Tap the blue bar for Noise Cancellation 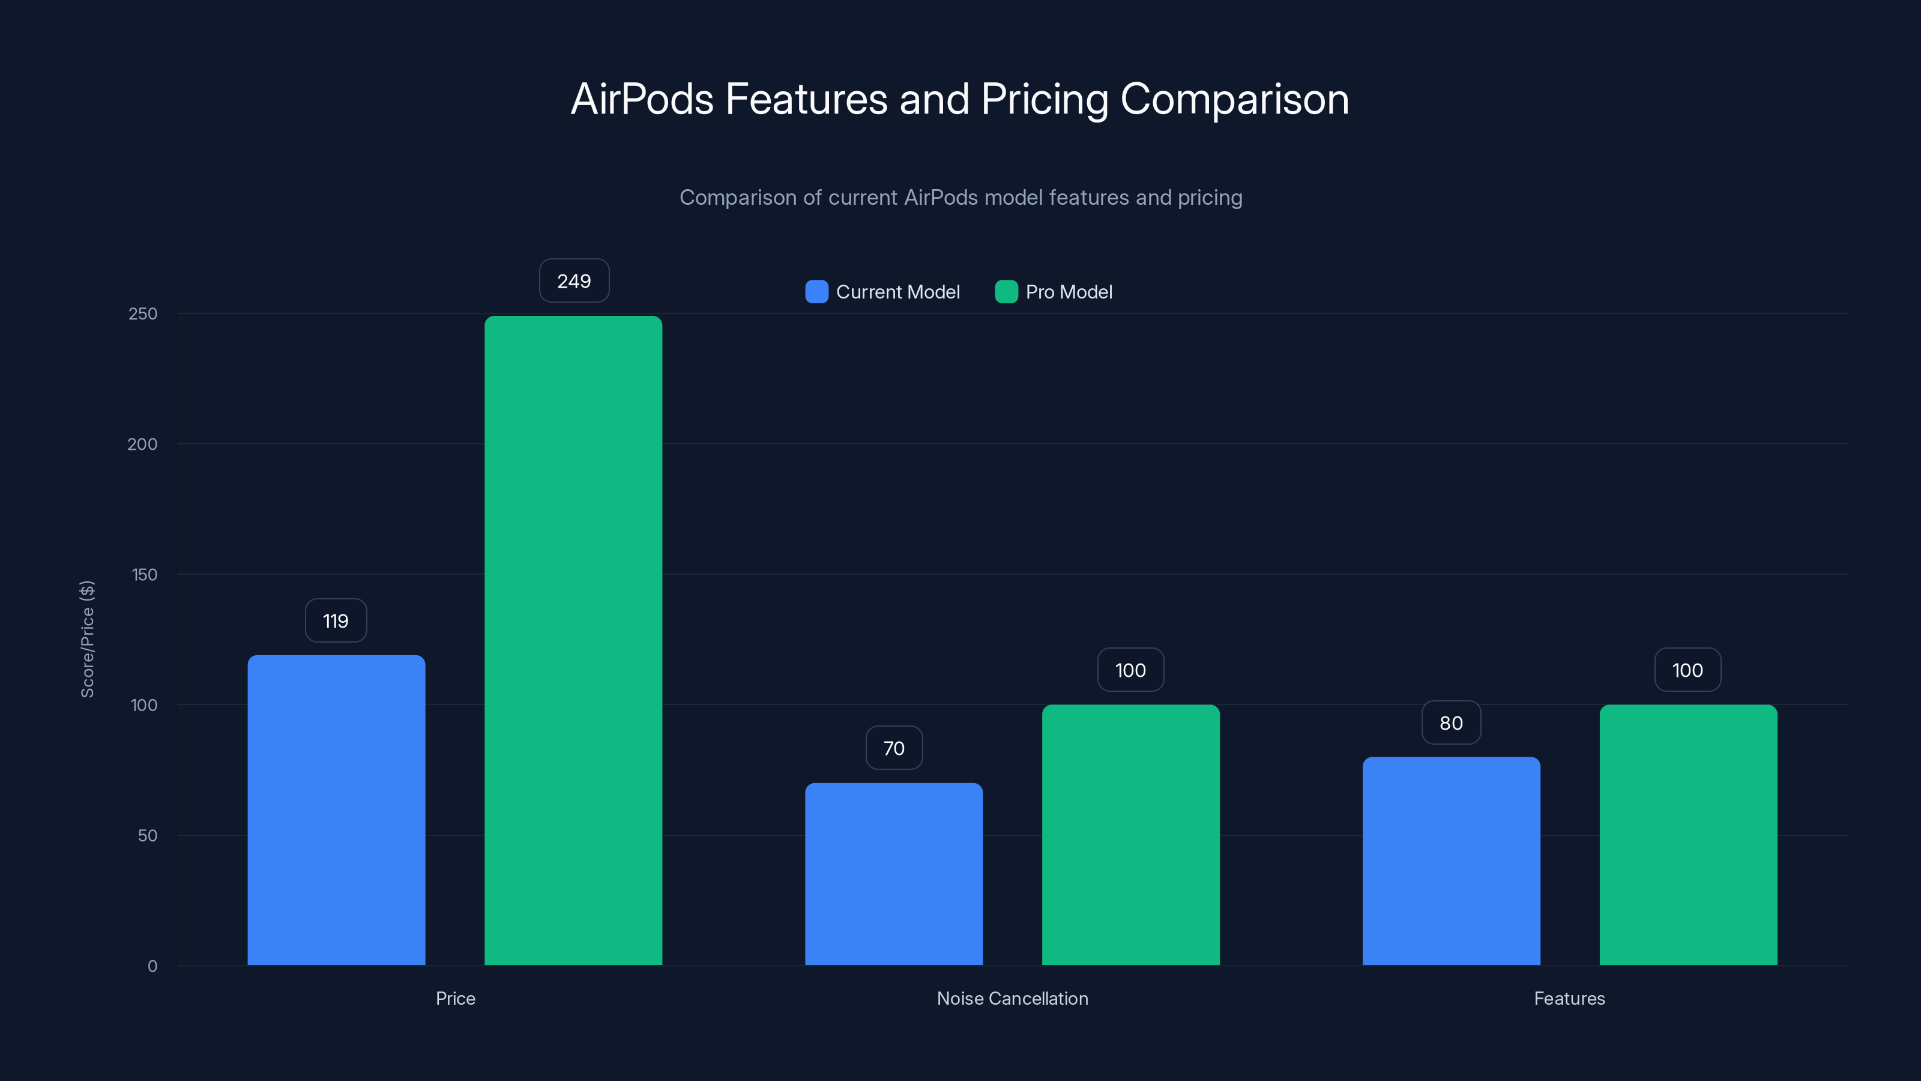coord(893,874)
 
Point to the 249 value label coord(573,281)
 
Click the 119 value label coord(336,621)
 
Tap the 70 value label coord(893,748)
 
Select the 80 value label coord(1450,723)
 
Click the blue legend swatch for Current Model coord(816,292)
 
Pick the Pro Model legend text coord(1068,292)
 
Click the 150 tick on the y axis coord(144,575)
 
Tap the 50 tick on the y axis coord(147,835)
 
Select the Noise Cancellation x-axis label coord(1012,998)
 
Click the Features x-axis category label coord(1569,998)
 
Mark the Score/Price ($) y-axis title coord(87,640)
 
